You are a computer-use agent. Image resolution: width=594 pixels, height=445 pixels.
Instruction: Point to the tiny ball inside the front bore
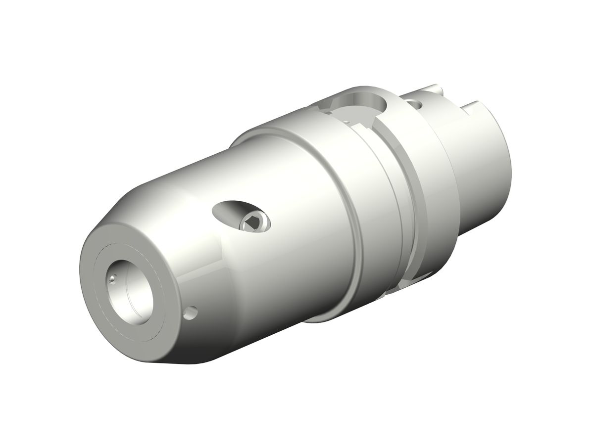pyautogui.click(x=113, y=279)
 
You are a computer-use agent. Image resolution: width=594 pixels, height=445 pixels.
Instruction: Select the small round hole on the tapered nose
pyautogui.click(x=191, y=312)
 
